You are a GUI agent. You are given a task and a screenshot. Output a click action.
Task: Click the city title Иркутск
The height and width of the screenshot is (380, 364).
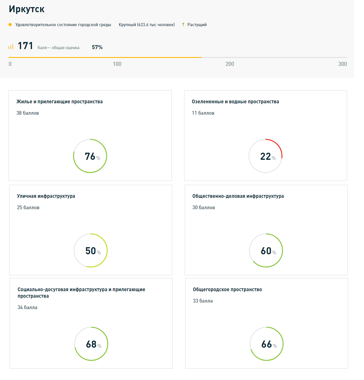pos(27,9)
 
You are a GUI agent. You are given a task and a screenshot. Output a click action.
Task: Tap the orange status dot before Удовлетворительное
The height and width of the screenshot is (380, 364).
pos(10,25)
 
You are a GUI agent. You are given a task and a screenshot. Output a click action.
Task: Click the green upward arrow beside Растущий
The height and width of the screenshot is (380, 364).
pos(183,24)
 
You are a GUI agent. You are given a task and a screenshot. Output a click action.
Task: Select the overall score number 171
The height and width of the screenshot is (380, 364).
pos(25,46)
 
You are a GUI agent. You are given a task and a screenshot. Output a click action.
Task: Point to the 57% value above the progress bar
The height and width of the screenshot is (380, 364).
pos(97,47)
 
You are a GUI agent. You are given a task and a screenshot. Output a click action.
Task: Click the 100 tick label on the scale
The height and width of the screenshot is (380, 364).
pos(117,64)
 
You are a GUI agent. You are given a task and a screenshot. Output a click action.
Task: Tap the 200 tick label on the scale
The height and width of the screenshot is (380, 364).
pos(230,64)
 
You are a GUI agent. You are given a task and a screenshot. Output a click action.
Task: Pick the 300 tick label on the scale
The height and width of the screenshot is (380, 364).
pos(342,64)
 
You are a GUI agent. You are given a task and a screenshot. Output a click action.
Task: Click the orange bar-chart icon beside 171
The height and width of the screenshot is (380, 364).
pos(11,47)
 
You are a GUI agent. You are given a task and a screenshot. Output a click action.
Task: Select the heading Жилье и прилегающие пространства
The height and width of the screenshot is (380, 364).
pos(60,102)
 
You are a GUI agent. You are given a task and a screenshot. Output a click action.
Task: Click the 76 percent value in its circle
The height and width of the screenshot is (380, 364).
pos(91,156)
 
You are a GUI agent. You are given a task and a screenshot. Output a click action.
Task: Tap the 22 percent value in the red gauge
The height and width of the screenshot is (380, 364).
pos(266,156)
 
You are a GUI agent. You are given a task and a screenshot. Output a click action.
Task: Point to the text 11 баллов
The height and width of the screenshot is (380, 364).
pos(203,113)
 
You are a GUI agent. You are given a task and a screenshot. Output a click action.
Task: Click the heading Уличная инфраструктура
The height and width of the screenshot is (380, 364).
pos(46,196)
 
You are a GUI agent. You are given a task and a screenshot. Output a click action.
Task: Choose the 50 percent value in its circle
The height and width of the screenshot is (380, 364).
pos(91,251)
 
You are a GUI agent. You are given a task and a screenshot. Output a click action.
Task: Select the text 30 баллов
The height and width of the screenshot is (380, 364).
pos(203,207)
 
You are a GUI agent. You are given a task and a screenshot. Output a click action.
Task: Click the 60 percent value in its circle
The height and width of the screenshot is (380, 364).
pos(266,251)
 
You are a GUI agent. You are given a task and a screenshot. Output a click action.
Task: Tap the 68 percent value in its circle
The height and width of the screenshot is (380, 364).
pos(92,344)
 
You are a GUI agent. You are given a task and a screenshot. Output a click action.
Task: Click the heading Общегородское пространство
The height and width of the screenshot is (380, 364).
pos(227,289)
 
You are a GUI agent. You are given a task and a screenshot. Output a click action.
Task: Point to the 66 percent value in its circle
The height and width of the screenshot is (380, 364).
pos(267,344)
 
